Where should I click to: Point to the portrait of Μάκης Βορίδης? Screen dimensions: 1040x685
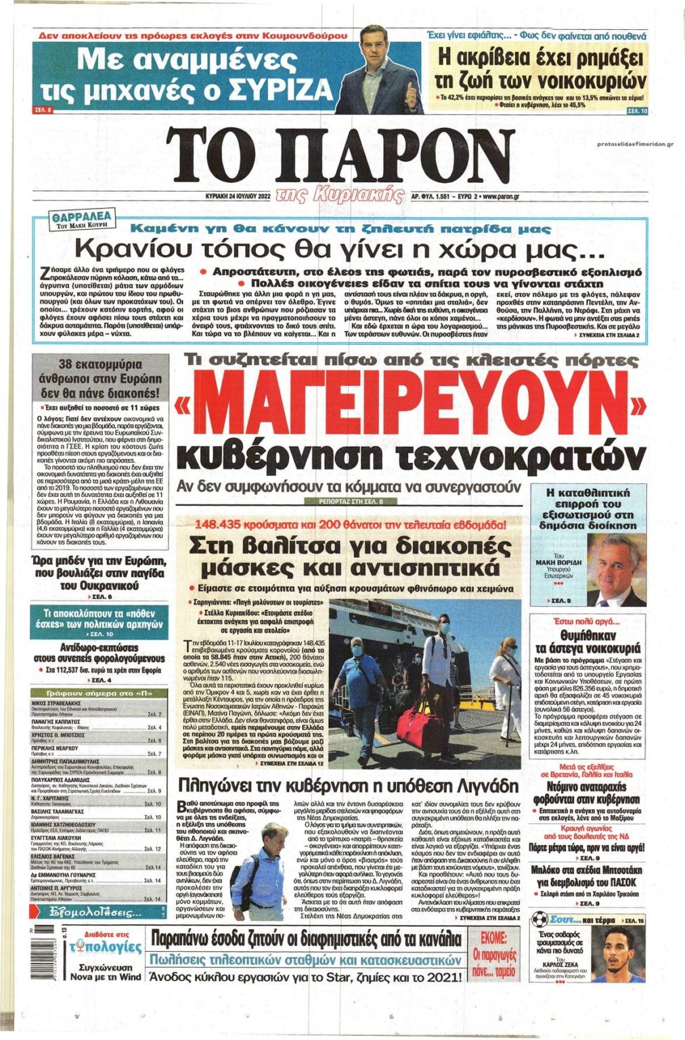pos(615,569)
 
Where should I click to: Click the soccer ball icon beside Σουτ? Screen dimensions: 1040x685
pos(539,919)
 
